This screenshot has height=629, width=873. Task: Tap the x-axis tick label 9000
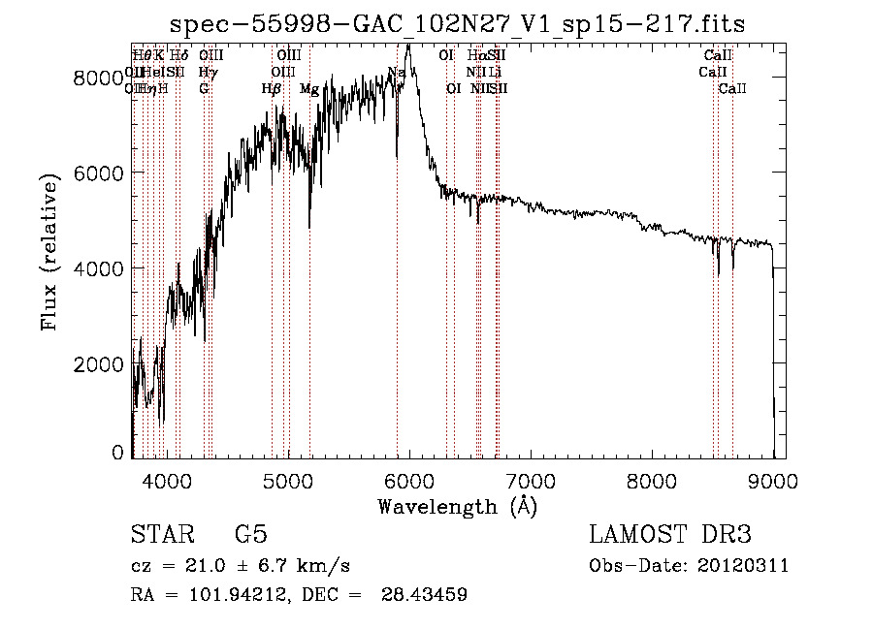click(x=773, y=481)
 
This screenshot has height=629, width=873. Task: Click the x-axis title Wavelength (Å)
click(x=457, y=506)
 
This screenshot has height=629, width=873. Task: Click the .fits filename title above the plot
click(x=457, y=23)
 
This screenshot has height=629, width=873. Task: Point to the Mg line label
click(x=308, y=89)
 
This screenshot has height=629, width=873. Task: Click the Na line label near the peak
click(x=396, y=73)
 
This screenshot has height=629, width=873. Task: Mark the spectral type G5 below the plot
click(x=250, y=535)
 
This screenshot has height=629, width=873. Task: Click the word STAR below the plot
click(x=161, y=535)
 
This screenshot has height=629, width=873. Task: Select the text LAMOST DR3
click(x=670, y=535)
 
